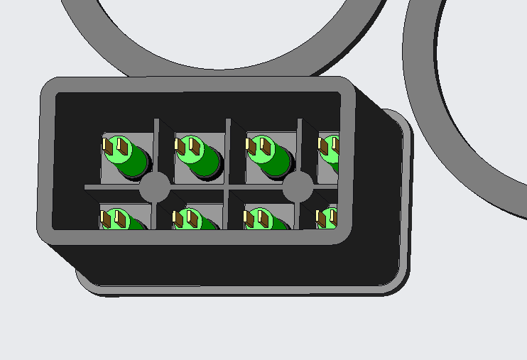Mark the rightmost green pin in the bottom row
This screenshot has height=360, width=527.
click(x=327, y=218)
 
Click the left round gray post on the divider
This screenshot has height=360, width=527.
click(x=154, y=187)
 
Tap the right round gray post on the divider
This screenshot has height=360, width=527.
click(x=298, y=187)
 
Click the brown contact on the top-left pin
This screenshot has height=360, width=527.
click(x=121, y=148)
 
